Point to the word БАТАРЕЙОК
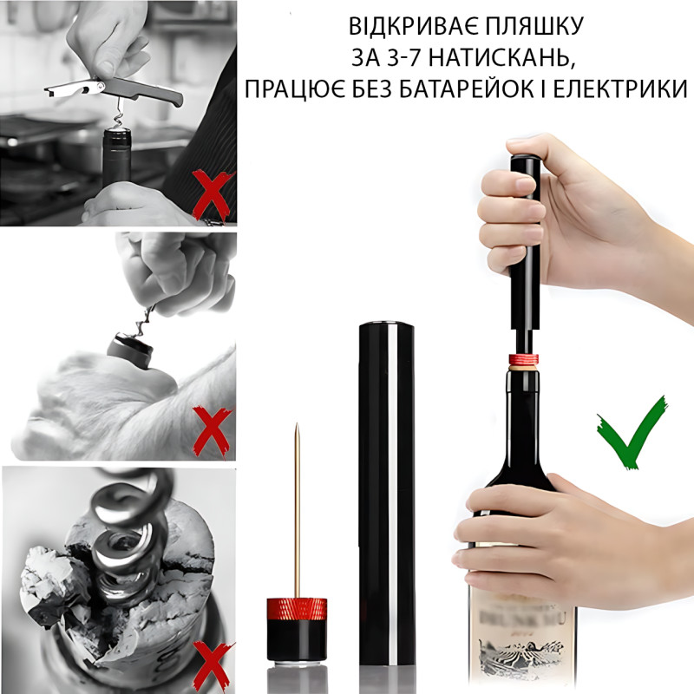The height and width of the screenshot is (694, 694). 479,89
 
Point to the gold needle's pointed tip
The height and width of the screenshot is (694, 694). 297,426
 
